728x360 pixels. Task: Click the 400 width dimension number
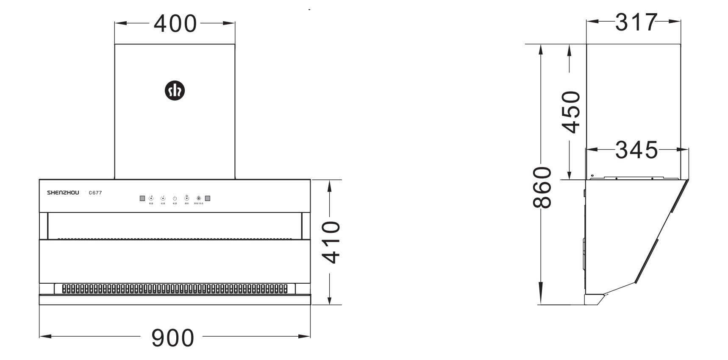(175, 24)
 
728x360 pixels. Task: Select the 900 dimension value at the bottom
(173, 338)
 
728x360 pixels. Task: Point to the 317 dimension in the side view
(636, 22)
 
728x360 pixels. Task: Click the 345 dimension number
(636, 150)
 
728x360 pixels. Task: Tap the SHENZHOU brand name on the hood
(63, 193)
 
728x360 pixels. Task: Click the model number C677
(95, 193)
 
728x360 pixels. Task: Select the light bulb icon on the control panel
(198, 198)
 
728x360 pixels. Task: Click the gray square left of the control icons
(142, 198)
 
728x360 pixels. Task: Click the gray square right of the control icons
(208, 198)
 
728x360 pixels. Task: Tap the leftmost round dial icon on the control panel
(151, 198)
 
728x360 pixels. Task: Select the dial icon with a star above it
(187, 198)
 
